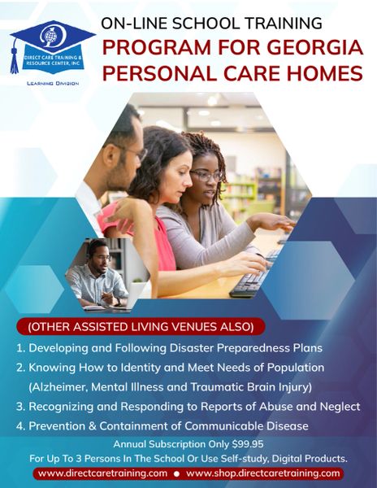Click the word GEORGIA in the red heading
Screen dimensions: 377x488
[x=314, y=47]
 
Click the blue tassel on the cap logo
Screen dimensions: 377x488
[x=15, y=58]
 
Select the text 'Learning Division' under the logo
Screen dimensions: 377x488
[x=53, y=84]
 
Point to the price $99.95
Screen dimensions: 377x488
[x=248, y=444]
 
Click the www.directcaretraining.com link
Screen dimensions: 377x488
[x=102, y=473]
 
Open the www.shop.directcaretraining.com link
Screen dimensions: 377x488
[x=263, y=473]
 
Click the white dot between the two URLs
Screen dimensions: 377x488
[x=177, y=474]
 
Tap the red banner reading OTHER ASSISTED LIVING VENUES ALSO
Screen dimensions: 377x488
[x=141, y=327]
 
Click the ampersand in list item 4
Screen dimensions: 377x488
[x=92, y=426]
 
